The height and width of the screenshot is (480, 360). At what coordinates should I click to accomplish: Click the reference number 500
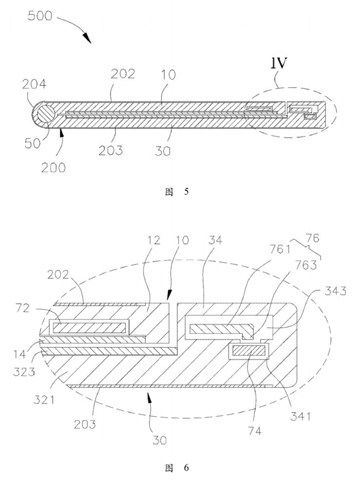coord(39,16)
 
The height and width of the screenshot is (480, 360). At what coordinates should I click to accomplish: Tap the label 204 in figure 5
coord(34,84)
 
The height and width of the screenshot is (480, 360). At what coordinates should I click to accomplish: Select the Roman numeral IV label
coord(278,63)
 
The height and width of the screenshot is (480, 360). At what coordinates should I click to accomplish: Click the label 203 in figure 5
coord(110,150)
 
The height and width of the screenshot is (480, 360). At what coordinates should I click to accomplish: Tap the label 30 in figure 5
coord(162,150)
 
